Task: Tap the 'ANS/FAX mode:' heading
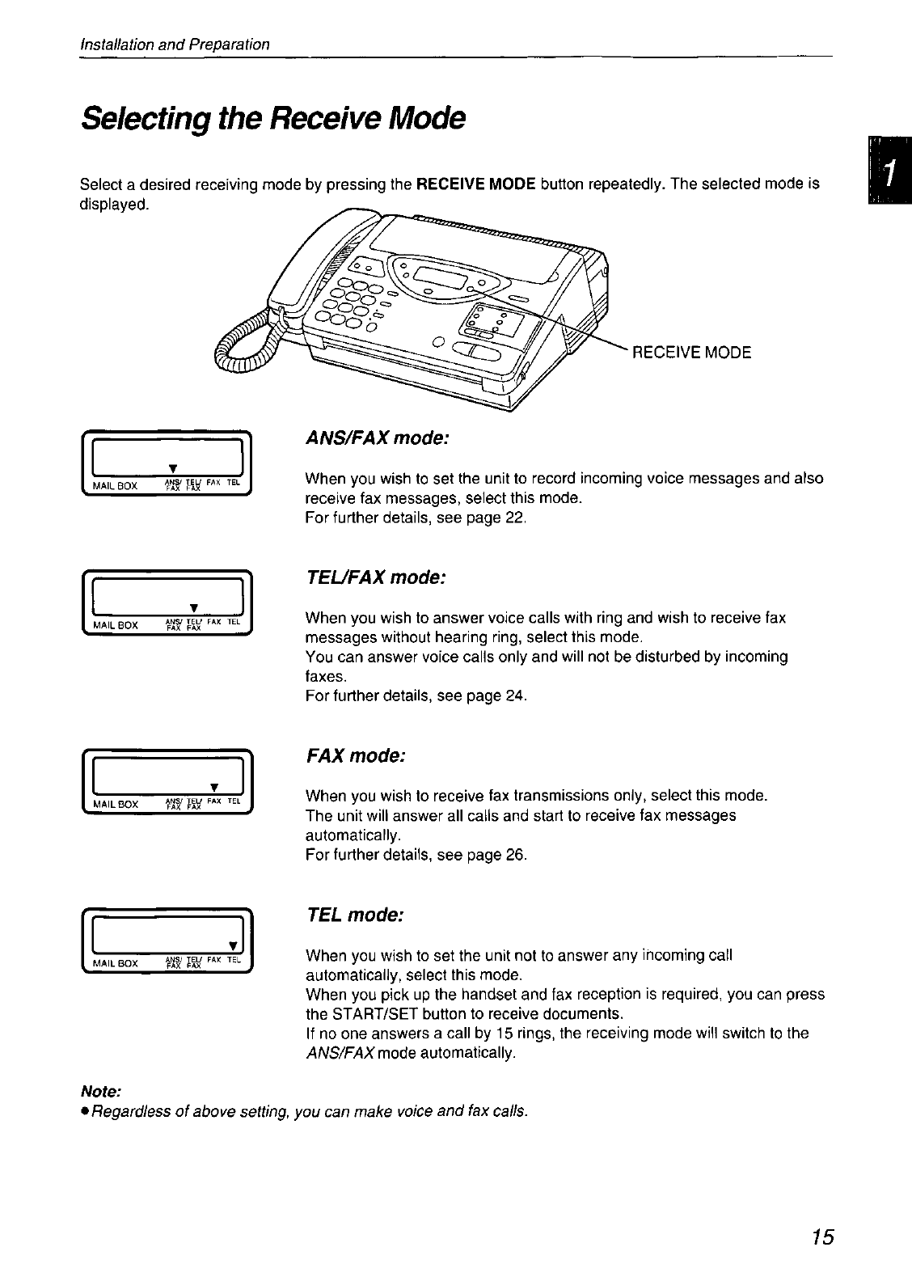376,438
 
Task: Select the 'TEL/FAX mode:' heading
375,578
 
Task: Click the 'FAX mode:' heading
355,755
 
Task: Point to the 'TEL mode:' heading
354,915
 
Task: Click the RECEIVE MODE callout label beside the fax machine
691,353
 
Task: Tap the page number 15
823,1237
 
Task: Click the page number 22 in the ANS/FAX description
515,518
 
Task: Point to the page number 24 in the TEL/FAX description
515,695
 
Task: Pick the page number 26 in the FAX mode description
515,854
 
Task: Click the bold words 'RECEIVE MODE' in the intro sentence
476,184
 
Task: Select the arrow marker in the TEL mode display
233,945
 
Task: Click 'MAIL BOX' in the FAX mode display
117,804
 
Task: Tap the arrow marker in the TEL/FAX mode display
193,608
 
